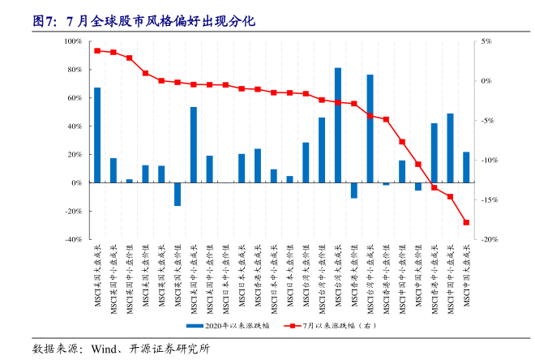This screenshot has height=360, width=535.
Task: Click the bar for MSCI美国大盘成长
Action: pos(97,135)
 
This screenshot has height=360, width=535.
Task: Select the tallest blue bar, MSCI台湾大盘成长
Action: pos(338,125)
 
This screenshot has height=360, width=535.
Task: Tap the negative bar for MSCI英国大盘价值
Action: pos(178,194)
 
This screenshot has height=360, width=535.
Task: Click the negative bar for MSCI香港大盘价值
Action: pos(354,190)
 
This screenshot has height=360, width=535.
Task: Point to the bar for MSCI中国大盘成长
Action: pos(466,167)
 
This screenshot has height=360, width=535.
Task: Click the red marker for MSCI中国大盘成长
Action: pos(466,222)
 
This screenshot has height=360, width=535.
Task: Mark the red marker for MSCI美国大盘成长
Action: pos(97,51)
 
